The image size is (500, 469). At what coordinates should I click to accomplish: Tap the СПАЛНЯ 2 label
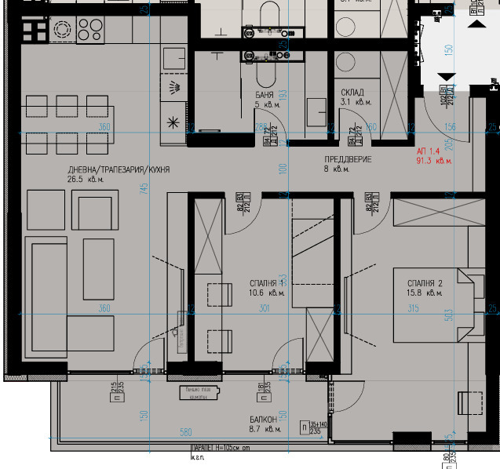tap(425, 283)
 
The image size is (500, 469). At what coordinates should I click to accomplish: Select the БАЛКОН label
tap(263, 420)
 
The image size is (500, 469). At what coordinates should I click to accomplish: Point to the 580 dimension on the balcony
tap(186, 431)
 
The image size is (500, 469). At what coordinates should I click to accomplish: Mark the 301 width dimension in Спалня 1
tap(264, 308)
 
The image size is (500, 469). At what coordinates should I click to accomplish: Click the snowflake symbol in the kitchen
tap(173, 122)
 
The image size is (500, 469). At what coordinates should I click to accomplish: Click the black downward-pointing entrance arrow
tap(446, 76)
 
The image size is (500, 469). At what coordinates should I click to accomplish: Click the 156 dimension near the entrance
tap(450, 127)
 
